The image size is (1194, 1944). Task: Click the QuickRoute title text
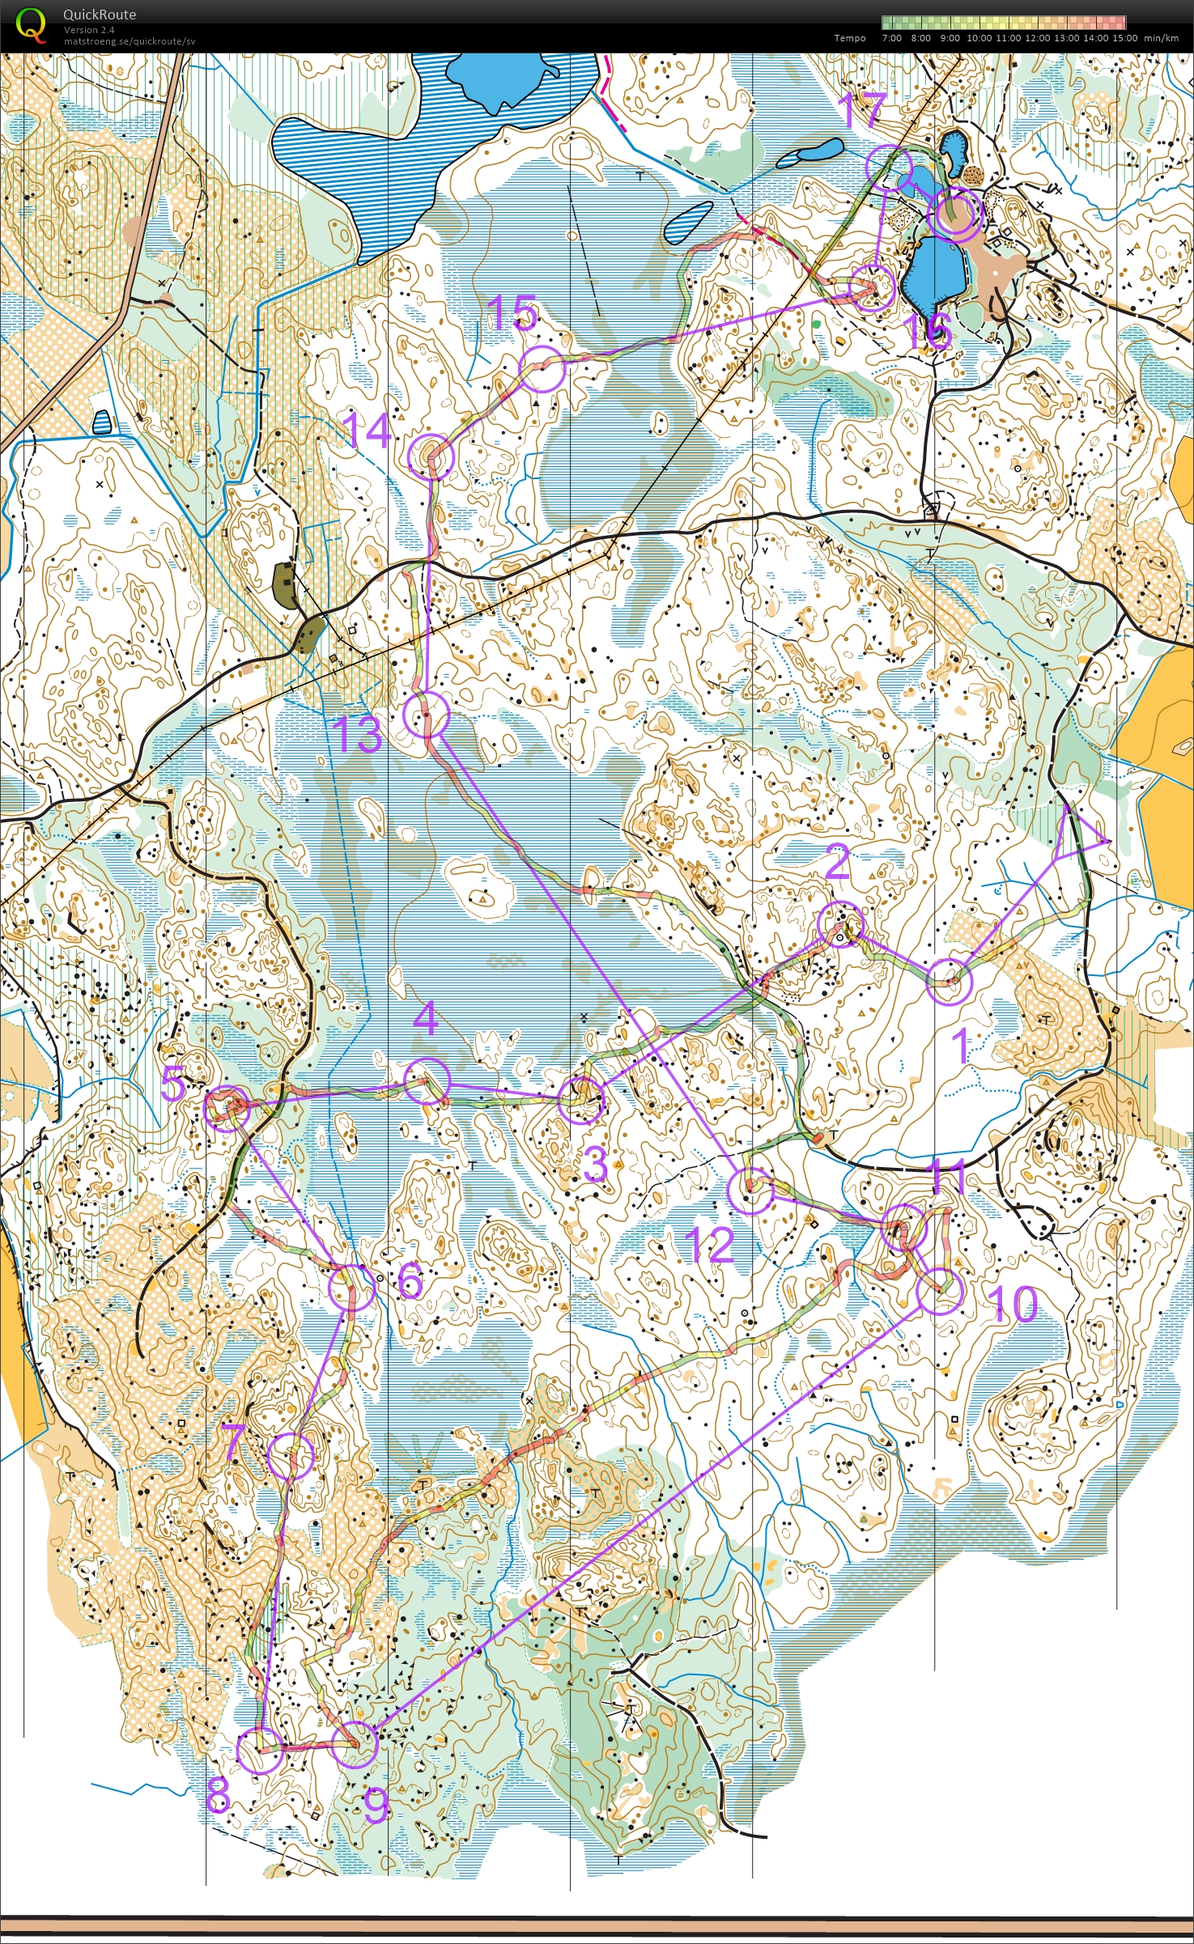[100, 14]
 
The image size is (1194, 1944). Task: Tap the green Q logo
[30, 23]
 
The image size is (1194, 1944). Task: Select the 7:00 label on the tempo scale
[891, 38]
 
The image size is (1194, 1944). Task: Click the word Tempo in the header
[850, 38]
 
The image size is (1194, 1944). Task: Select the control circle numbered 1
[948, 981]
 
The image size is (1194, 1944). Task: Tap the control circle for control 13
[426, 714]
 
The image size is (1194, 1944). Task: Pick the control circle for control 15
[541, 368]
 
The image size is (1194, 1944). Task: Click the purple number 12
[709, 1244]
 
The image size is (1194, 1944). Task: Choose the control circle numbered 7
[291, 1455]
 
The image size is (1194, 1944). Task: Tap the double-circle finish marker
[956, 213]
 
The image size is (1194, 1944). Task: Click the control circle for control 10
[941, 1289]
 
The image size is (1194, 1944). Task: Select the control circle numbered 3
[582, 1100]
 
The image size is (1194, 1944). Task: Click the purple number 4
[426, 1017]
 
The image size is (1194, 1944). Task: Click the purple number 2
[836, 862]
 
